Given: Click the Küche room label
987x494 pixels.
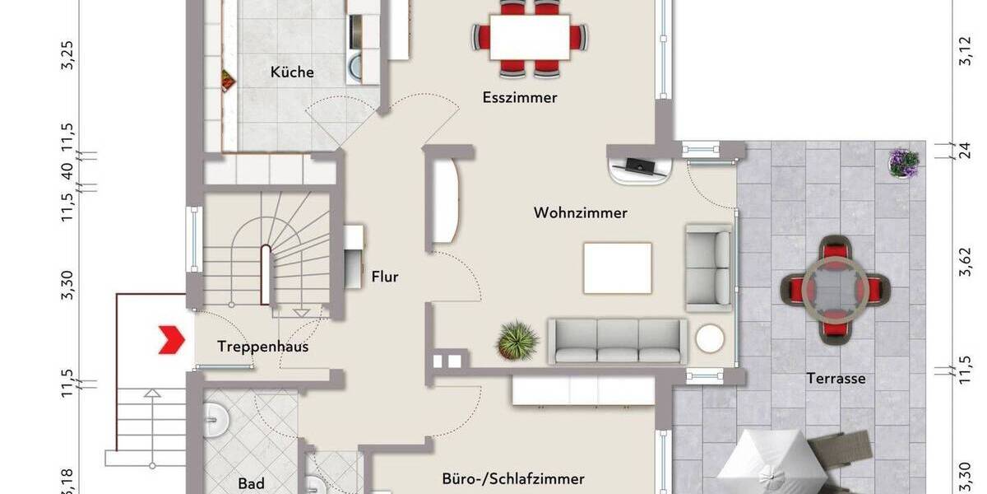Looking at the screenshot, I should (292, 72).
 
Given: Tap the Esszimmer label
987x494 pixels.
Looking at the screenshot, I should (520, 98).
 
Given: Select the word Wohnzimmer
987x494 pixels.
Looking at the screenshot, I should (581, 213).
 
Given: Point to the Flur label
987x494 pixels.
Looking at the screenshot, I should (385, 277).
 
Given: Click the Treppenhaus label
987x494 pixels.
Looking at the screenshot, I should (263, 347).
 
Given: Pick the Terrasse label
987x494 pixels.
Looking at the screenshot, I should (836, 379).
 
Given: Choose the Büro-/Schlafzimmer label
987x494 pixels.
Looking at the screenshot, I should (513, 478).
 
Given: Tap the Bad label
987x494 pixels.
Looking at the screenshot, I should (251, 482).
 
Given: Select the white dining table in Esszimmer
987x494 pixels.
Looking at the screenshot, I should (531, 38).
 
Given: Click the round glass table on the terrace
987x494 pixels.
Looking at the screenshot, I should (835, 289).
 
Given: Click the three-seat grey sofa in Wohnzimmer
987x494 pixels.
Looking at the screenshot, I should (618, 341).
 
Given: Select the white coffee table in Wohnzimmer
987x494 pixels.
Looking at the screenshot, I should (618, 268).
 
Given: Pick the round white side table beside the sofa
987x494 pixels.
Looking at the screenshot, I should (709, 339).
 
